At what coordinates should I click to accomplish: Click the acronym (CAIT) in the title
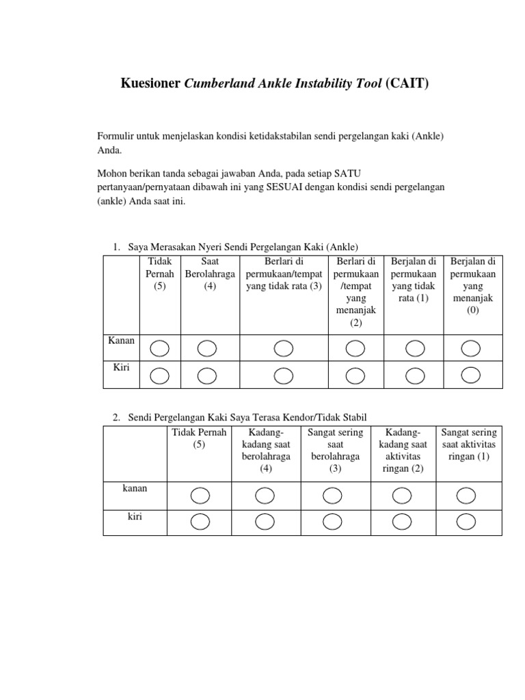407,84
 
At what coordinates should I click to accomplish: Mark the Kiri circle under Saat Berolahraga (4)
207,375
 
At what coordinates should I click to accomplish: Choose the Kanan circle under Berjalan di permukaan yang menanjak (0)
470,349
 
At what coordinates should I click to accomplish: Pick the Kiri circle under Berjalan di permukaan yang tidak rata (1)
415,375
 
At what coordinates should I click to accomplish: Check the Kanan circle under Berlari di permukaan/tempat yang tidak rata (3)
284,349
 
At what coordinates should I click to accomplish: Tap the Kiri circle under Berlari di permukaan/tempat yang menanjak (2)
355,375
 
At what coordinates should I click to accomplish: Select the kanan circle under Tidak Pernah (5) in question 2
200,495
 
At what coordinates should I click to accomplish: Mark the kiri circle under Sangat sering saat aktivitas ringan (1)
466,522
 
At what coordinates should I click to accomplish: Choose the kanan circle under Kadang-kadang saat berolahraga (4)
265,495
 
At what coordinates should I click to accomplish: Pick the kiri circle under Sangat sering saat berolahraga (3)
334,522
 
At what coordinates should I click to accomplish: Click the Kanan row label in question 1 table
122,340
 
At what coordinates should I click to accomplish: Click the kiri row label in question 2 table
135,517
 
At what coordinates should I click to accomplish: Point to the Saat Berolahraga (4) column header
210,273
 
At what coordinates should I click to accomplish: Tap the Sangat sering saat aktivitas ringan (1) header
469,444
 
